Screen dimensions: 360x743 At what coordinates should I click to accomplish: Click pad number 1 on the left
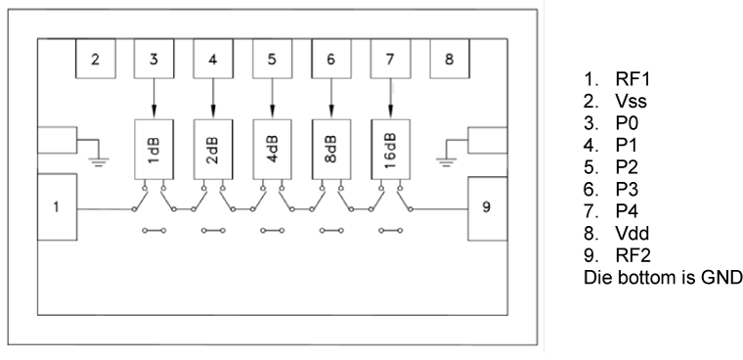[x=58, y=208]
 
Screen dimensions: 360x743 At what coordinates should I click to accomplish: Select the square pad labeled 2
[x=96, y=59]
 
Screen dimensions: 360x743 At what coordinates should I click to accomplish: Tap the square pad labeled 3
[x=154, y=59]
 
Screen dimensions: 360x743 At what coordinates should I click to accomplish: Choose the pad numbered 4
[x=213, y=59]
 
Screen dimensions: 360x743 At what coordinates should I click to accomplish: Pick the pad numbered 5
[x=272, y=59]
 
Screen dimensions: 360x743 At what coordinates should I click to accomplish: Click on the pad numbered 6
[x=330, y=59]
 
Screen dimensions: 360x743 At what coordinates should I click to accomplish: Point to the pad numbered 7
[x=390, y=59]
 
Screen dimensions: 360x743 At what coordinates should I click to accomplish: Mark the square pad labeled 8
[x=449, y=59]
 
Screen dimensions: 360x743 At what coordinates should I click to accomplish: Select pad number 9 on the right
[x=487, y=208]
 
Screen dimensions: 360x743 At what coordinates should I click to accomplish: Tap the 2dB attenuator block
[x=213, y=148]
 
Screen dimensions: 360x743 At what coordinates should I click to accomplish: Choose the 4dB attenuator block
[x=272, y=148]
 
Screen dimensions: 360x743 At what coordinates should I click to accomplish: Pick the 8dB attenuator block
[x=330, y=148]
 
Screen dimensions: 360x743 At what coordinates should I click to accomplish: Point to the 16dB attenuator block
[x=390, y=148]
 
